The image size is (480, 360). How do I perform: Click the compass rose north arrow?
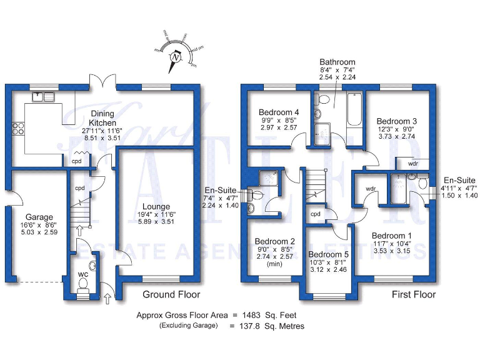[176, 58]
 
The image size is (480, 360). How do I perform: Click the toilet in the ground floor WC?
[82, 284]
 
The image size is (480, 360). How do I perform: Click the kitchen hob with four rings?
[19, 129]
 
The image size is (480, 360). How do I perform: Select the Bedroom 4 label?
[279, 112]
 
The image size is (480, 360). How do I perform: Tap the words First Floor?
[414, 294]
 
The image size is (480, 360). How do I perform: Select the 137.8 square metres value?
[248, 326]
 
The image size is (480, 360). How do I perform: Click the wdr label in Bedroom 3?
[412, 163]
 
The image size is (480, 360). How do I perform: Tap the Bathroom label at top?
[337, 62]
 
